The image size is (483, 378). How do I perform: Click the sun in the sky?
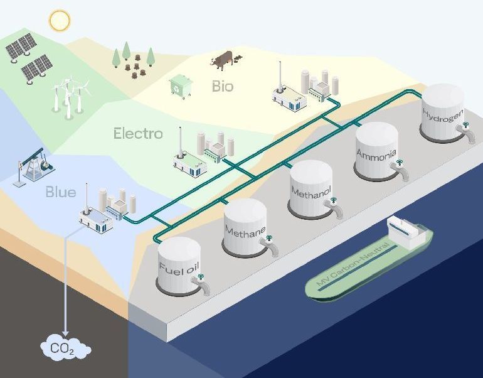[x=59, y=21]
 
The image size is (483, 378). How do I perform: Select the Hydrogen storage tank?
[x=443, y=113]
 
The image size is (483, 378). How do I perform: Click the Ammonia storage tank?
[x=376, y=151]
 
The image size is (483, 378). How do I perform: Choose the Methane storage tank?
[x=245, y=227]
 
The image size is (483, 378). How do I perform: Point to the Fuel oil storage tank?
[x=179, y=266]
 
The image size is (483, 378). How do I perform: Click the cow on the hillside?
[x=222, y=60]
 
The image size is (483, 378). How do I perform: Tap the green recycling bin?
[x=180, y=87]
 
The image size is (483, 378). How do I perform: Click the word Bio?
[x=222, y=86]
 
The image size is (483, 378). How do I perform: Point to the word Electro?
[x=138, y=134]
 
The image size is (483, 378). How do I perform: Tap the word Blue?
[x=60, y=192]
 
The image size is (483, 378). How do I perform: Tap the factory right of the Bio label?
[x=305, y=88]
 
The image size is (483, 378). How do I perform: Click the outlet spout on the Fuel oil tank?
[x=203, y=289]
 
